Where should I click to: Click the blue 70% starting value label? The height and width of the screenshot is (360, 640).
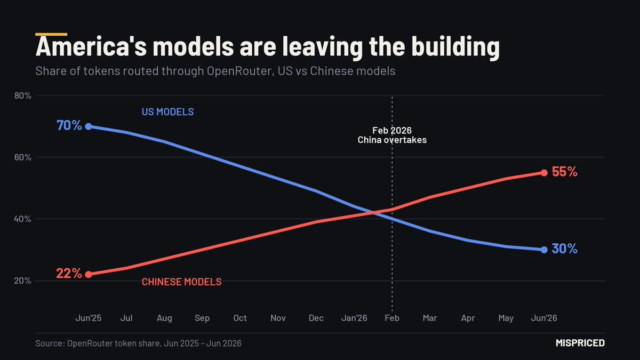coord(69,125)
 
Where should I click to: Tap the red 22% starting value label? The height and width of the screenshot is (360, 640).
coord(69,274)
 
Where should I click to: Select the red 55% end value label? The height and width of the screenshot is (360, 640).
coord(565,172)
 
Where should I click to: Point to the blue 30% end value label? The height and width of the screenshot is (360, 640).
coord(565,249)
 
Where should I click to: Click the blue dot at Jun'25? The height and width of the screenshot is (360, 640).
coord(89,126)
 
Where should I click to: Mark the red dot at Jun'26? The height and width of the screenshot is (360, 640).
coord(544,173)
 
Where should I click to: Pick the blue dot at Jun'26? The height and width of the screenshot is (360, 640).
coord(544,250)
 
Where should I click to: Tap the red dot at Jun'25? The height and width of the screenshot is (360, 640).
coord(89,275)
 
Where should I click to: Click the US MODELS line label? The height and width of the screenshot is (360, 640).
coord(167,111)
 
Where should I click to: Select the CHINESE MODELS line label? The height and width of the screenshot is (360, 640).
coord(181,282)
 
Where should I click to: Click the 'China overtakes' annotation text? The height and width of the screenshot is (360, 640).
coord(392,140)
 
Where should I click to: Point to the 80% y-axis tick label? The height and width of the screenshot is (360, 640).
coord(22,95)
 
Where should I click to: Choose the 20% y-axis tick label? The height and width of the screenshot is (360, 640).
coord(22,281)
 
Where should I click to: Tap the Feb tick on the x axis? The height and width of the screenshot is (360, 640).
coord(392,318)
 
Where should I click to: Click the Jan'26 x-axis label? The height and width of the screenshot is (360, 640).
coord(354,318)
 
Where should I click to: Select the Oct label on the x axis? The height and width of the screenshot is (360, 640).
coord(240,318)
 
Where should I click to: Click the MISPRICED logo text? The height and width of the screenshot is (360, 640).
coord(580,343)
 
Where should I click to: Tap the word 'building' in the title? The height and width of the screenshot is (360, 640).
coord(455,47)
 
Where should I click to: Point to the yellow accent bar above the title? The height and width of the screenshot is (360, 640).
coord(51,34)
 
